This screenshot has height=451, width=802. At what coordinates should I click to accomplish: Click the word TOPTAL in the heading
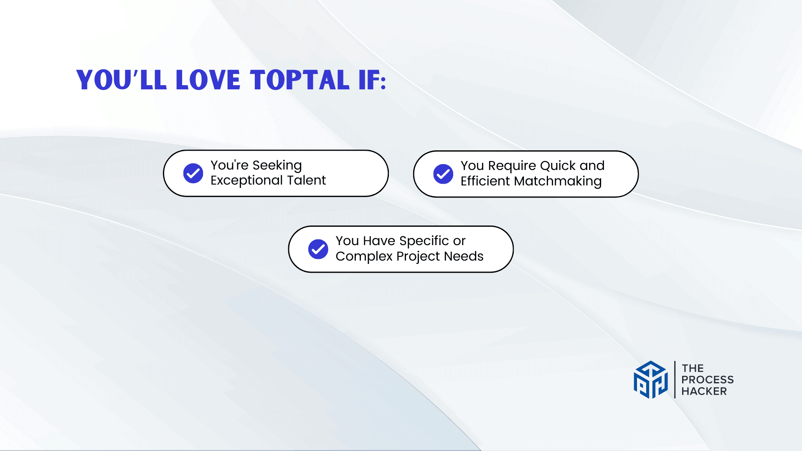pos(299,80)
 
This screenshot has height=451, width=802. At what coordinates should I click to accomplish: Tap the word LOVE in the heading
pos(208,80)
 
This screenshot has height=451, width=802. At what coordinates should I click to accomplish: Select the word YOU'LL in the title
pos(122,80)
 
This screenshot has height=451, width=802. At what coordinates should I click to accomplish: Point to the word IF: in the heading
pos(373,80)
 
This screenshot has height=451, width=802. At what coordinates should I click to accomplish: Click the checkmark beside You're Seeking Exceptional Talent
pos(193,173)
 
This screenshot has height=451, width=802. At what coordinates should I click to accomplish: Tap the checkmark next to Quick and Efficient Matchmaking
pos(443,174)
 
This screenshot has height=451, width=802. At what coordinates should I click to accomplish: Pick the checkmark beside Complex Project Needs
pos(318,249)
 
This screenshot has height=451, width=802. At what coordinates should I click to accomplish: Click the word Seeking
pos(277,166)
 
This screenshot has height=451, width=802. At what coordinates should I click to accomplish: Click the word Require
pos(512,166)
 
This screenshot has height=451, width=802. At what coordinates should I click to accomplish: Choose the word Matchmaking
pos(558,182)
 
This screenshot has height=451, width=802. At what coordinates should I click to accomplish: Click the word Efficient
pos(485,181)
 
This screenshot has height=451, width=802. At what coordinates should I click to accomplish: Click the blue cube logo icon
pos(651,380)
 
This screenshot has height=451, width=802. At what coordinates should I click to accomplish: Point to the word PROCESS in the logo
pos(708,380)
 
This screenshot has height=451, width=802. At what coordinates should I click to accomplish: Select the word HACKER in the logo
pos(704,391)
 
